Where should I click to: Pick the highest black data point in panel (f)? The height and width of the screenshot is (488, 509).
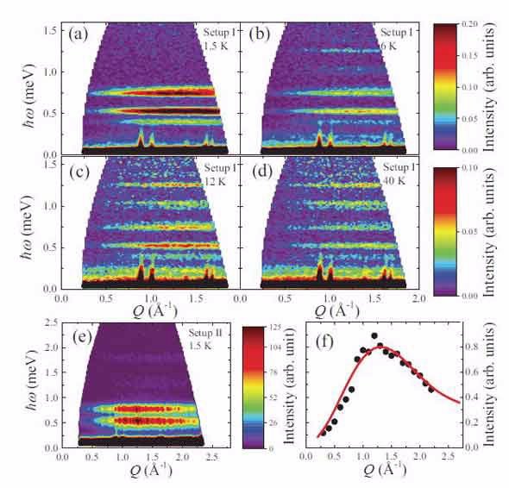point(374,336)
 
